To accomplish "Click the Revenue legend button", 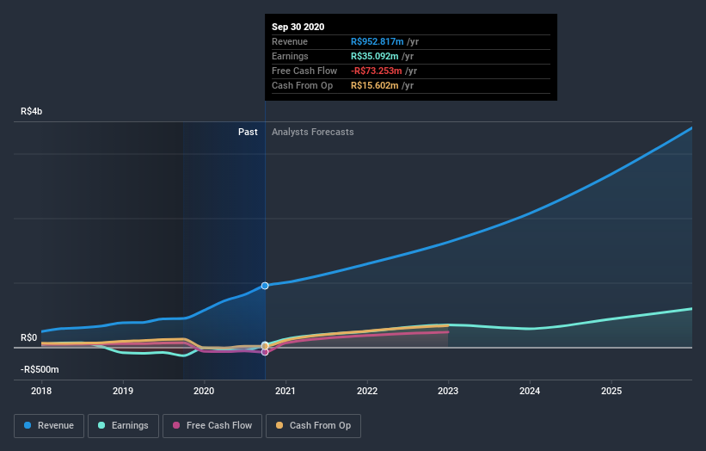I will [x=50, y=425].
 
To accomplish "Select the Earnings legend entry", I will [x=123, y=425].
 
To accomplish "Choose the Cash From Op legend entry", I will [x=315, y=425].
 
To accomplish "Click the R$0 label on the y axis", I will [x=29, y=337].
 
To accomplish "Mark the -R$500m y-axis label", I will [x=40, y=369].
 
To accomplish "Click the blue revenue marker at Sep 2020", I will [x=265, y=285].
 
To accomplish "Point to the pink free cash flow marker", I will [x=265, y=352].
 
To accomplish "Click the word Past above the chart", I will [x=248, y=132].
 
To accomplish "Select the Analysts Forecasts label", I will [x=312, y=132].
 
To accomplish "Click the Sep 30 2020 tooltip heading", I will [x=298, y=27].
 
